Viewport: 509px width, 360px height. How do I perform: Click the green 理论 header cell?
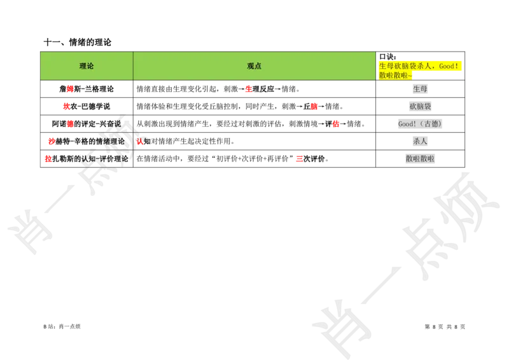(87, 66)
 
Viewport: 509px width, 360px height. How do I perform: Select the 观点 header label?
(254, 66)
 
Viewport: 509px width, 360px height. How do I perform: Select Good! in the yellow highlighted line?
(449, 66)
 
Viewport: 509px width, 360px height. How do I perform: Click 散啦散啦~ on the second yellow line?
(395, 75)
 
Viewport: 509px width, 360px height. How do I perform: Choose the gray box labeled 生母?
(420, 89)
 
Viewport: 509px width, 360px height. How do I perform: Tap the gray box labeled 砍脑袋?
(420, 106)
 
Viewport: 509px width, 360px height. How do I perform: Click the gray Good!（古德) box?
(419, 123)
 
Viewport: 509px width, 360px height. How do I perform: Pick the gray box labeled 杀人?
(420, 141)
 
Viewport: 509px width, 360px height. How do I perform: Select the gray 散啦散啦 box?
(420, 158)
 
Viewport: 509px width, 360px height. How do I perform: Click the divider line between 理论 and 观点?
(133, 66)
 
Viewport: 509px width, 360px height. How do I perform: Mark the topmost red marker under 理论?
(70, 89)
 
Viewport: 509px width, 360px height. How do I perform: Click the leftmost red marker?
(48, 158)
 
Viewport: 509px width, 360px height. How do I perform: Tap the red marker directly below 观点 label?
(249, 90)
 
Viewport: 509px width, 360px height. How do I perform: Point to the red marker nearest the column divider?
(139, 142)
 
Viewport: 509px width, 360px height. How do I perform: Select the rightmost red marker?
(336, 124)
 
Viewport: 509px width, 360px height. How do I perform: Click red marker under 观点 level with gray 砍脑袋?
(314, 107)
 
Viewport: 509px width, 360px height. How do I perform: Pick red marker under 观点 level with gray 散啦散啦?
(299, 158)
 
